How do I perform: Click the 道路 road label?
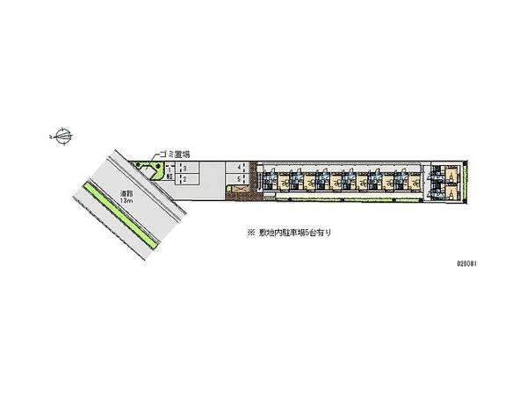pyautogui.click(x=126, y=194)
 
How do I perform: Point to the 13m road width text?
pyautogui.click(x=128, y=201)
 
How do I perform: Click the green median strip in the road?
pyautogui.click(x=122, y=215)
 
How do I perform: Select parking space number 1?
pyautogui.click(x=170, y=170)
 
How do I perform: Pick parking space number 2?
pyautogui.click(x=184, y=179)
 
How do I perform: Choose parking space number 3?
pyautogui.click(x=184, y=169)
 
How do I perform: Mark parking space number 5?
pyautogui.click(x=238, y=179)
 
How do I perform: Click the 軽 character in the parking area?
pyautogui.click(x=170, y=176)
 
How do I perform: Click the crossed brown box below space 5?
pyautogui.click(x=239, y=187)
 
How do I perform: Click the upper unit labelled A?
pyautogui.click(x=450, y=176)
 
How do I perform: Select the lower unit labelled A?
pyautogui.click(x=450, y=193)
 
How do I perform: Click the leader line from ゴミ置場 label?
pyautogui.click(x=158, y=155)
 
